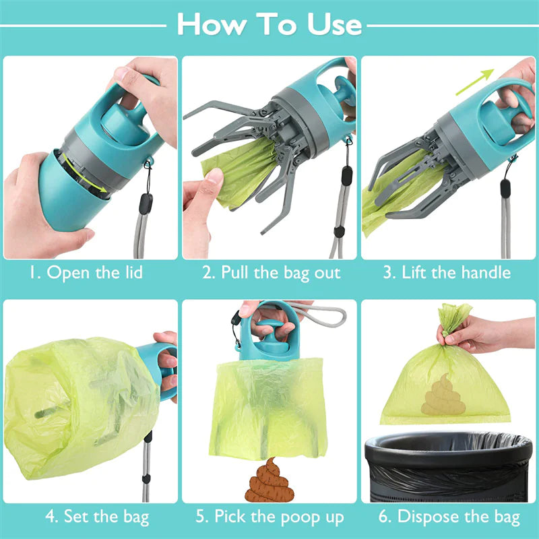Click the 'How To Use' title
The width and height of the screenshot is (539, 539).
point(269,25)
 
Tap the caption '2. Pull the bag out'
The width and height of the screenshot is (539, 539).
point(271,273)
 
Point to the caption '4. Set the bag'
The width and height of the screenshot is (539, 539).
point(90,517)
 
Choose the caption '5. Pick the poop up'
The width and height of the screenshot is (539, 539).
point(271,517)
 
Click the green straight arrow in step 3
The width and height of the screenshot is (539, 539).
point(475,82)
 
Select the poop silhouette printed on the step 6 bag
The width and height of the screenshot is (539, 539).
point(439,393)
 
